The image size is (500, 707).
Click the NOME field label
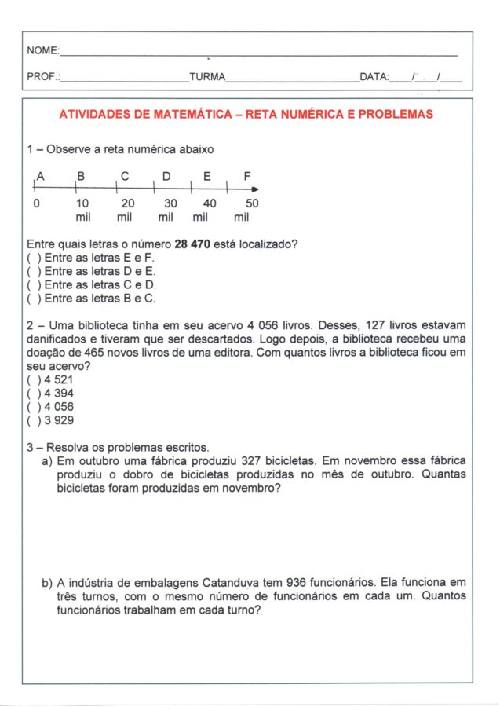pos(42,51)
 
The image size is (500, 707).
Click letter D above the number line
pos(166,177)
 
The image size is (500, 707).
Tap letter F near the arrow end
pos(247,177)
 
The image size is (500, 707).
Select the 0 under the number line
pos(36,203)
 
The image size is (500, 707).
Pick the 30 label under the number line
pos(170,203)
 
